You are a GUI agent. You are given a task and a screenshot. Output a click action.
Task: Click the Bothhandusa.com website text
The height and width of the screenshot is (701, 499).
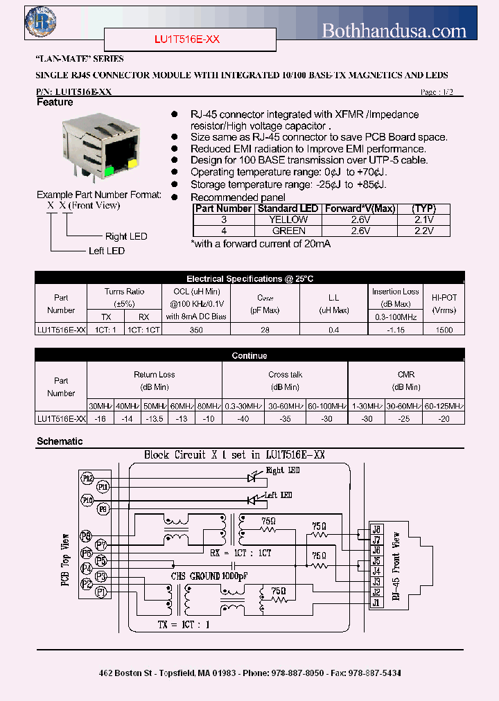(394, 30)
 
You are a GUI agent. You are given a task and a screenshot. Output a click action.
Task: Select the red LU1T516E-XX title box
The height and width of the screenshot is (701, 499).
(186, 40)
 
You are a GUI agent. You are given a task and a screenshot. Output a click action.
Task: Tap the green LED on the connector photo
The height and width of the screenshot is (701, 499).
(109, 170)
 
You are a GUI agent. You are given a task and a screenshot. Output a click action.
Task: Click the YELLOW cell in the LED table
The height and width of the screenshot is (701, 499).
(288, 220)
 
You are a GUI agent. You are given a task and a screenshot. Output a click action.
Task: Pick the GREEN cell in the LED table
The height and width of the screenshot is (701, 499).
(288, 231)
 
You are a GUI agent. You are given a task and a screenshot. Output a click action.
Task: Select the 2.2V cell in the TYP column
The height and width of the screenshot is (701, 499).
(422, 231)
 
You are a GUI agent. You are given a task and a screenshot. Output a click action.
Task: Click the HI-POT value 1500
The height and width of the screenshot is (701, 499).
(444, 330)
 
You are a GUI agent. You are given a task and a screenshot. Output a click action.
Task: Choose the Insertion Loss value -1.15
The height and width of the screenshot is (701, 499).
(396, 330)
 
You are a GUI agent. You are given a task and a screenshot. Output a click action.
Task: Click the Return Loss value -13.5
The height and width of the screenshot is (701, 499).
(154, 419)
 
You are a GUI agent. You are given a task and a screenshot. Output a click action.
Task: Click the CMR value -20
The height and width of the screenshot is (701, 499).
(444, 419)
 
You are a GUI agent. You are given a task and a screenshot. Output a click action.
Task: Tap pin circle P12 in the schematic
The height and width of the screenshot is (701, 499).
(87, 478)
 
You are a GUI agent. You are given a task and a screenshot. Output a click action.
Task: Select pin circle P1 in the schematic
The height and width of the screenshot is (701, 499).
(101, 592)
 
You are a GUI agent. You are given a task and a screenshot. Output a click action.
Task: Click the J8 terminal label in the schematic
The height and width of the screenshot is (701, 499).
(376, 529)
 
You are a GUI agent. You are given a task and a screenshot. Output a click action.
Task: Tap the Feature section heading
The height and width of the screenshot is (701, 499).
(55, 103)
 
